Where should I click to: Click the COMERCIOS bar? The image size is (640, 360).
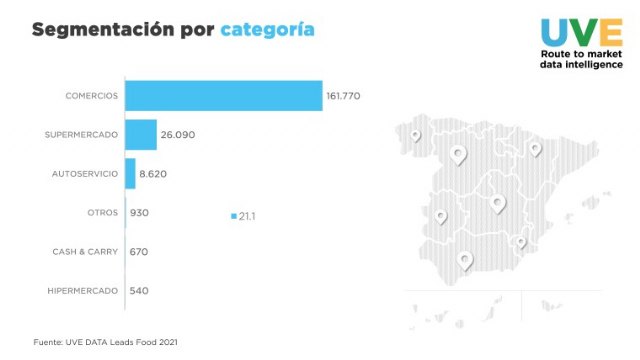(x=224, y=96)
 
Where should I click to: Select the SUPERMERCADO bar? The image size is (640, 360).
(x=141, y=134)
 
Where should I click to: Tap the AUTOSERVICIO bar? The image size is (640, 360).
(x=130, y=173)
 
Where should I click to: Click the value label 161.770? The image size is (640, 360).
(x=343, y=96)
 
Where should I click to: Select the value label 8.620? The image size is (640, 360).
(x=153, y=173)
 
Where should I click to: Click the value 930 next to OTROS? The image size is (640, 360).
(x=139, y=212)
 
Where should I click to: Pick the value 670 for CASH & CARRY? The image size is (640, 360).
(x=139, y=251)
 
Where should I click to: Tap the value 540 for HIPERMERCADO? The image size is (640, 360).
(x=139, y=290)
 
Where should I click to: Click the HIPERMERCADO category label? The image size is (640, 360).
(x=83, y=290)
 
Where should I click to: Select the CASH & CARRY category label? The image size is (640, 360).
(x=85, y=251)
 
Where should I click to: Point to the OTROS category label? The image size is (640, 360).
(x=103, y=212)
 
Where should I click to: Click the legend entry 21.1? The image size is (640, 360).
(x=244, y=216)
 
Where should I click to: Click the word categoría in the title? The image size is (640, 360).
(x=267, y=30)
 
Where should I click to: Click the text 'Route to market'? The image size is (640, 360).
(x=580, y=53)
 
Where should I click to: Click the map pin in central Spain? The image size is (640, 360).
(x=498, y=203)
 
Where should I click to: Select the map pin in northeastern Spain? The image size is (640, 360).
(x=535, y=148)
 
